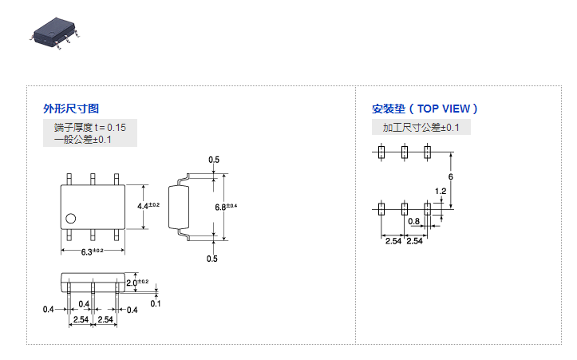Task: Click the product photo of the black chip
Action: click(55, 30)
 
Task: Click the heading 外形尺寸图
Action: click(71, 109)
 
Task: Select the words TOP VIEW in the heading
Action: click(445, 109)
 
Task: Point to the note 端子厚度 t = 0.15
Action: click(90, 127)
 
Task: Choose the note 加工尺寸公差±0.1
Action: click(421, 128)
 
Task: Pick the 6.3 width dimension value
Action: click(89, 251)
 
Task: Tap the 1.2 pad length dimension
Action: click(441, 191)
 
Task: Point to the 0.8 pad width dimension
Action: click(413, 222)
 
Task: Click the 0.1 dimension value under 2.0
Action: click(155, 303)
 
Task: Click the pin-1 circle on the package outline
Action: click(71, 217)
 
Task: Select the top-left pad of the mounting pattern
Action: click(382, 151)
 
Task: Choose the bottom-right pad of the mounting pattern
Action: click(427, 209)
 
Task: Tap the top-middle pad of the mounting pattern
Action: click(405, 151)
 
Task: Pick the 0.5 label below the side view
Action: click(212, 259)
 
